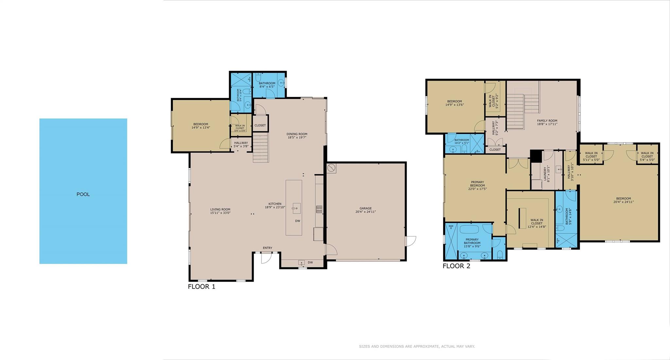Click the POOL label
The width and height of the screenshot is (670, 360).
tap(83, 194)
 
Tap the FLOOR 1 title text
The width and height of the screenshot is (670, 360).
tap(202, 287)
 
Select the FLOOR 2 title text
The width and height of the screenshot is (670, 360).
tap(456, 266)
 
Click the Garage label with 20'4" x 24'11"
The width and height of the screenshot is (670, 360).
tap(365, 210)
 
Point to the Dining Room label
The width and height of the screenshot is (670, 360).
tap(297, 136)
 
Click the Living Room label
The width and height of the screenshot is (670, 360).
tap(220, 211)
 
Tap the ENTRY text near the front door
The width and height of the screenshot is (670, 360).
tap(267, 248)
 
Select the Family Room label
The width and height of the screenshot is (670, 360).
tap(547, 122)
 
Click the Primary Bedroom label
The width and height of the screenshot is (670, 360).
tap(477, 185)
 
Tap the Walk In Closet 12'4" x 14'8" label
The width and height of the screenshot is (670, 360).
tap(537, 224)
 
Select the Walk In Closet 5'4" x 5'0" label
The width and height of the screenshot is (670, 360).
tap(647, 154)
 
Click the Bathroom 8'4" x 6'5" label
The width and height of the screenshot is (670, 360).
tap(267, 85)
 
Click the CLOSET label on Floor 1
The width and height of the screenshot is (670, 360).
tap(260, 125)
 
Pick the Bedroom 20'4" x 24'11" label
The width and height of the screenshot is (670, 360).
tap(624, 200)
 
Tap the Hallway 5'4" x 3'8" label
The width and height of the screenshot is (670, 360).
tap(241, 144)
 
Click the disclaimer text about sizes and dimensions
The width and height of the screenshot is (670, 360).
tap(417, 346)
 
